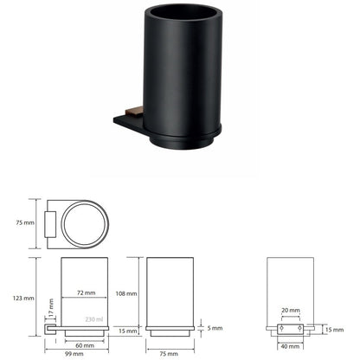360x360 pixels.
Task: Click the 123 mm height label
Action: pyautogui.click(x=23, y=298)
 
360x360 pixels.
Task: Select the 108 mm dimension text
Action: pyautogui.click(x=126, y=293)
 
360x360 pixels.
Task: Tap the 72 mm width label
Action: pyautogui.click(x=87, y=292)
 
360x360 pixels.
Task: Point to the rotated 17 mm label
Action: pyautogui.click(x=51, y=307)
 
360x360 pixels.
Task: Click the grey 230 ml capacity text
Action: pyautogui.click(x=94, y=319)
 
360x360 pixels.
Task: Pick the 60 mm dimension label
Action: pyautogui.click(x=85, y=345)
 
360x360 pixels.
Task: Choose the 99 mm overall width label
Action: pyautogui.click(x=74, y=354)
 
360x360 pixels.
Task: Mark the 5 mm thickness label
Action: pyautogui.click(x=215, y=328)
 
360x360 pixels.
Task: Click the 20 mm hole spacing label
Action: pyautogui.click(x=291, y=311)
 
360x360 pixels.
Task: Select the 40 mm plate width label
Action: pyautogui.click(x=290, y=346)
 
